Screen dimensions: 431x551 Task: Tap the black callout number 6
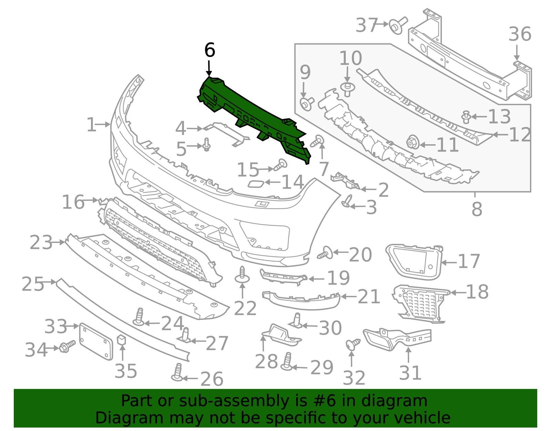click(209, 50)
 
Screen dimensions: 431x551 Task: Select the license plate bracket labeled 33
click(96, 342)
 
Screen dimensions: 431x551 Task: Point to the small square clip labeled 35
click(122, 340)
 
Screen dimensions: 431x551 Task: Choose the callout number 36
click(520, 35)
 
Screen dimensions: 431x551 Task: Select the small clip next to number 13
click(466, 117)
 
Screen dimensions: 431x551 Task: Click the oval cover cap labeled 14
click(256, 184)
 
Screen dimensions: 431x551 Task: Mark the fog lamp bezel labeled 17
click(413, 262)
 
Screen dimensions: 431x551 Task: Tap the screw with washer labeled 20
click(325, 254)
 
